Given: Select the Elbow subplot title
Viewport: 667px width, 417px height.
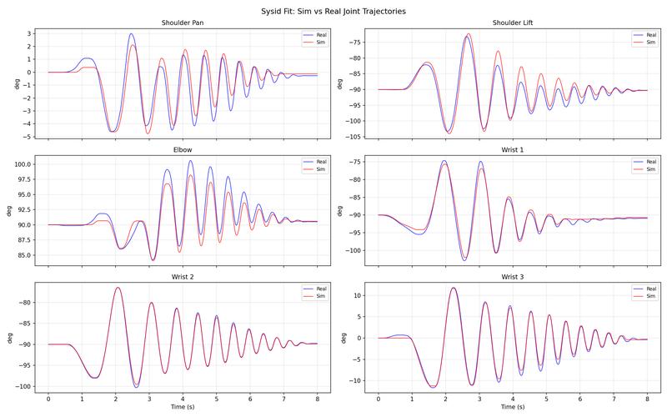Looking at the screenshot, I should [x=182, y=150].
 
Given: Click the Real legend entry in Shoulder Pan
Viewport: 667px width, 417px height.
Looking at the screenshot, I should [x=314, y=34].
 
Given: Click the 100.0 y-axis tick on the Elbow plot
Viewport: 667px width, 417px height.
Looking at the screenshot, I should [x=22, y=164].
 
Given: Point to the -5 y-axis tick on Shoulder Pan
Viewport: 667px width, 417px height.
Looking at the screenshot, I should [x=28, y=137].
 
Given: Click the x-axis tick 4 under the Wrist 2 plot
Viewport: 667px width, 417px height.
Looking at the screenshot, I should [x=183, y=400].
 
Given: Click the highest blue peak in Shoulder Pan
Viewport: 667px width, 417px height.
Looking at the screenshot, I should [x=131, y=34].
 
